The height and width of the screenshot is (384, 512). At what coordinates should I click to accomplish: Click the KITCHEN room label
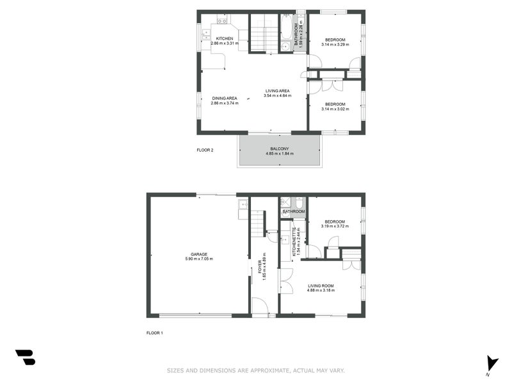coord(224,38)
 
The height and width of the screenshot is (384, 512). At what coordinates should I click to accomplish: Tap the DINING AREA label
coord(224,98)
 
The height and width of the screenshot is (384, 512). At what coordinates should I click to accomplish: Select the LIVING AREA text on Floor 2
coord(278,91)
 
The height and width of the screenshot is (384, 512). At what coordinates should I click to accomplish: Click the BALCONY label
coord(279,149)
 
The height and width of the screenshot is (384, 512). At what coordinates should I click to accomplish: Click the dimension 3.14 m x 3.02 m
coord(335,109)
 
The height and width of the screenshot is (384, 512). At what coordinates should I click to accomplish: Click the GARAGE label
coord(198,253)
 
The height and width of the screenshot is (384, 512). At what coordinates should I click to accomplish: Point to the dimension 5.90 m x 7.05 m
coord(198,259)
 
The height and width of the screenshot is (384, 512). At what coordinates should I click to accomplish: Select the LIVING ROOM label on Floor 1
coord(321,285)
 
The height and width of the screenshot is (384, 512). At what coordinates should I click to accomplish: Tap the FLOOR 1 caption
coord(155,333)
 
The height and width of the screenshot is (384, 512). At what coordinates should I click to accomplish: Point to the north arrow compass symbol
coord(491,362)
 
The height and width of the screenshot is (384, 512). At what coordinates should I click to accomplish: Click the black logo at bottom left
coord(25,357)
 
